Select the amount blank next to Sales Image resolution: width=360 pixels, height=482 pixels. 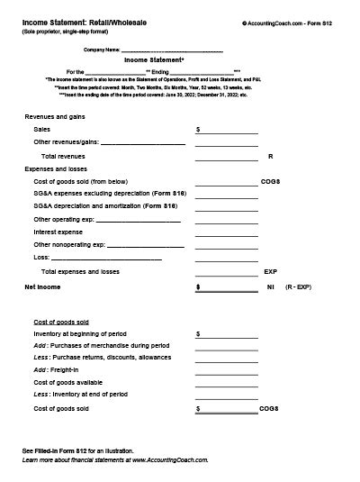click(228, 132)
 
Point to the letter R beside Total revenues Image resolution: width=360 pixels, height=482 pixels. click(270, 157)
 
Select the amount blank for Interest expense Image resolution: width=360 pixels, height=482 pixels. click(226, 232)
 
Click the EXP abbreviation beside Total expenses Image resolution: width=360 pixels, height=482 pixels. click(270, 271)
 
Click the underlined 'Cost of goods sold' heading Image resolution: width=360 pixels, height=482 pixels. click(61, 322)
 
